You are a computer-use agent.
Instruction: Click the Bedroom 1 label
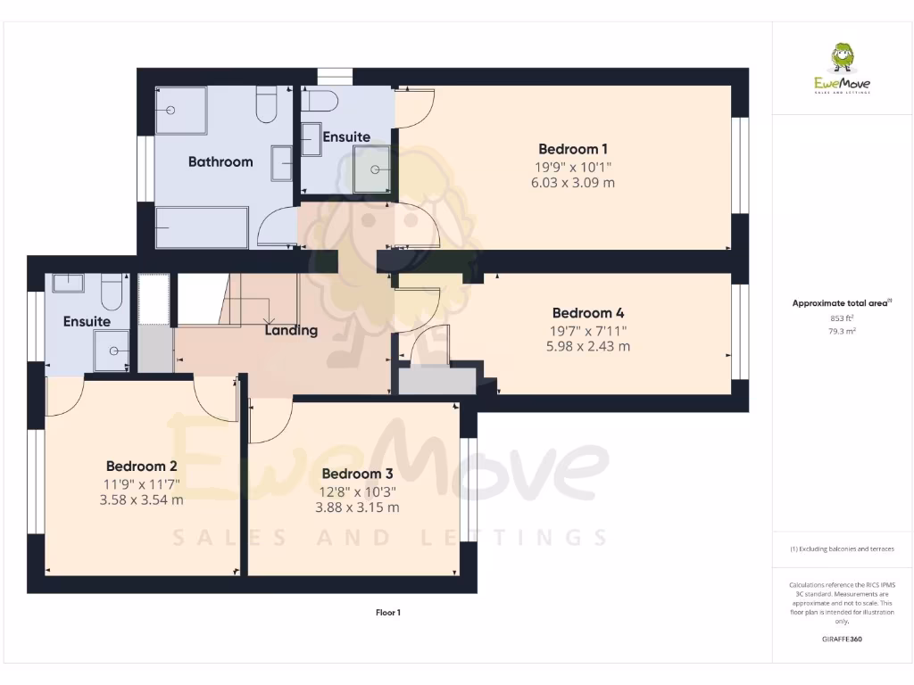point(573,149)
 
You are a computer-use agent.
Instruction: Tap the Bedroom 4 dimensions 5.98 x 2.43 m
point(587,346)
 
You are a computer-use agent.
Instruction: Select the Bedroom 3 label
point(357,474)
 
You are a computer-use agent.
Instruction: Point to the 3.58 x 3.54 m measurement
point(141,499)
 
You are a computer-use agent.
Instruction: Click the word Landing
point(291,330)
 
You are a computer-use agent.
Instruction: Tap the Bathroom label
point(220,161)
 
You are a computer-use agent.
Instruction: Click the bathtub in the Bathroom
point(202,228)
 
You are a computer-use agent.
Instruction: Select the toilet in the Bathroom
point(266,105)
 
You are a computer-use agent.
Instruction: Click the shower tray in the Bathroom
point(180,110)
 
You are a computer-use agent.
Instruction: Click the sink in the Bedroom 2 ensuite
point(68,283)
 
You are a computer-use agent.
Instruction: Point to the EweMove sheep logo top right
point(842,61)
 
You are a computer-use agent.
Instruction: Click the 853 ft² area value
point(842,318)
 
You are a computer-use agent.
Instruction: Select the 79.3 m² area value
point(842,331)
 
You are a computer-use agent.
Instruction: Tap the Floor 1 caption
point(387,613)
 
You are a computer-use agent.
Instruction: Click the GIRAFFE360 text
point(842,639)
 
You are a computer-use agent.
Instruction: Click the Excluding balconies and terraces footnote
point(842,549)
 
